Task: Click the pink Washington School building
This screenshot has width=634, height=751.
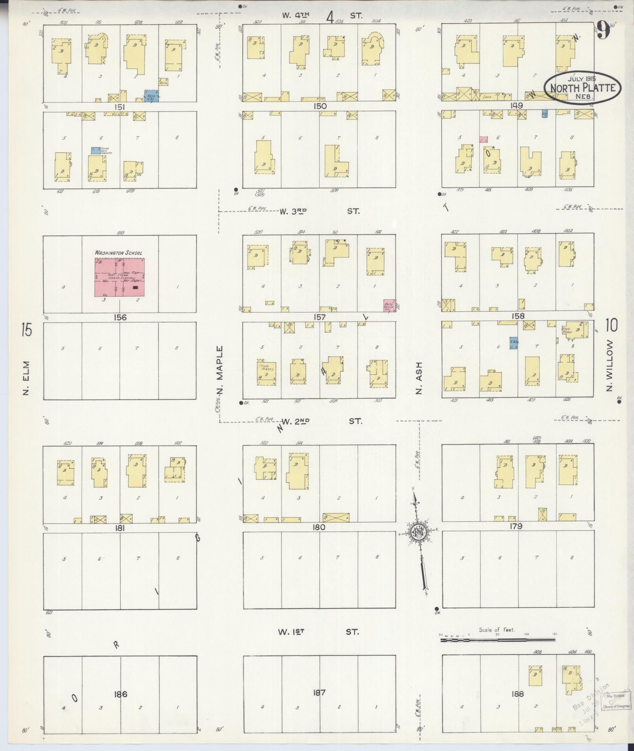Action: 119,277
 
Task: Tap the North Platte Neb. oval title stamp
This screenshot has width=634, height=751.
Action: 582,87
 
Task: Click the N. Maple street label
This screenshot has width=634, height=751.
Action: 220,371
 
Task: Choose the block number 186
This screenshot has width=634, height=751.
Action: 120,694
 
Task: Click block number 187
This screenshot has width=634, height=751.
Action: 319,693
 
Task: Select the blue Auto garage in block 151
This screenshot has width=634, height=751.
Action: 151,96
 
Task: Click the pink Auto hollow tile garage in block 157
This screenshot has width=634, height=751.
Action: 389,305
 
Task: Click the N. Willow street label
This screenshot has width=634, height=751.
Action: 610,365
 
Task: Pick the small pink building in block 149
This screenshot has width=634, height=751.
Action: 483,139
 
